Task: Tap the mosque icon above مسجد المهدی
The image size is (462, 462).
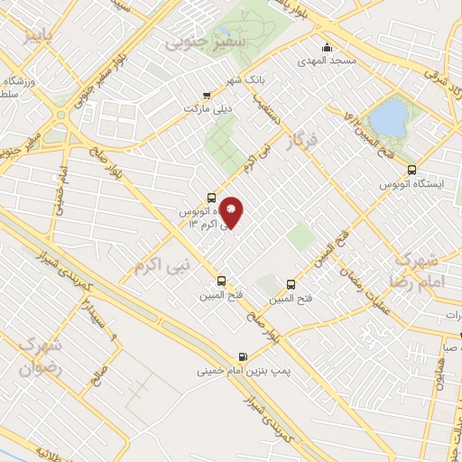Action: [326, 48]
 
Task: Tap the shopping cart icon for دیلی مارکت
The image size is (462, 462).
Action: [207, 94]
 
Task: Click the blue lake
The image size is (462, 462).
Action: [390, 116]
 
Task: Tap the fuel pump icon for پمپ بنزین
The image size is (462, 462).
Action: [242, 357]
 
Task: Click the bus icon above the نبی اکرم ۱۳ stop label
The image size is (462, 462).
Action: [211, 198]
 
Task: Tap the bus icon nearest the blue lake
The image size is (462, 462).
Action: [412, 169]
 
